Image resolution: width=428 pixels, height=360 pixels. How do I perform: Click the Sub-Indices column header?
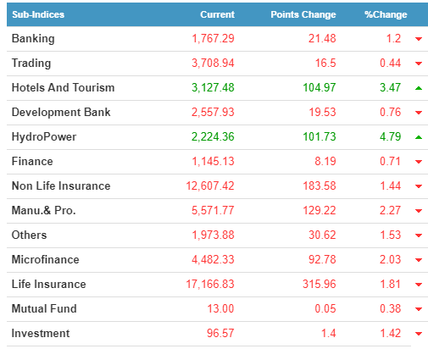(38, 14)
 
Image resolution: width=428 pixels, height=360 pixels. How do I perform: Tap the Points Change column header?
(303, 14)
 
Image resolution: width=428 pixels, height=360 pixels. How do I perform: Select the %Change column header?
(386, 14)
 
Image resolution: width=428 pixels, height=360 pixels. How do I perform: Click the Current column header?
(217, 14)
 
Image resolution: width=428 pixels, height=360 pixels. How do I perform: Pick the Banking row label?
(33, 39)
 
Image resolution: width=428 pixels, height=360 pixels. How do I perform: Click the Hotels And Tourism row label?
(63, 87)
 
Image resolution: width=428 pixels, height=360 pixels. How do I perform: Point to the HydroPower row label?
(44, 137)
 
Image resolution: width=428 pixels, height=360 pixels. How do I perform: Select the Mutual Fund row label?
(44, 308)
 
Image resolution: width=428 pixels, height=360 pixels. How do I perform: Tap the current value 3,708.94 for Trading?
(213, 63)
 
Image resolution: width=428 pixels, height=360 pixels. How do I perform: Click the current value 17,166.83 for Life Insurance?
(210, 284)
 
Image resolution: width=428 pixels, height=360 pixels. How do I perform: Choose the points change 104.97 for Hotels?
(320, 87)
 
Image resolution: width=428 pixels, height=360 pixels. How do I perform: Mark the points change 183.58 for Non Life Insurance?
(320, 186)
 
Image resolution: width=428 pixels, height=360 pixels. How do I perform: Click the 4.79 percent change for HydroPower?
(390, 137)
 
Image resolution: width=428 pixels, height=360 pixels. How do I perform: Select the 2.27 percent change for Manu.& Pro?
(390, 210)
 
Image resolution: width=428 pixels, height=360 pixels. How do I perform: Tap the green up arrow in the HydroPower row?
(419, 137)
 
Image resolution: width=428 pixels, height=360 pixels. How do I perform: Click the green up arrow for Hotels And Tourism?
(419, 88)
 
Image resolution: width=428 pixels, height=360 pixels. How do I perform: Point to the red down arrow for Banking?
(419, 39)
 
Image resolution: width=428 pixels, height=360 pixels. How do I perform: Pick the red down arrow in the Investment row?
(419, 334)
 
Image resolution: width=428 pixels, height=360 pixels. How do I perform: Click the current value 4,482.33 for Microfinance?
(213, 259)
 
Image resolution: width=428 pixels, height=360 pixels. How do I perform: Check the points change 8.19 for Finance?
(325, 161)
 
